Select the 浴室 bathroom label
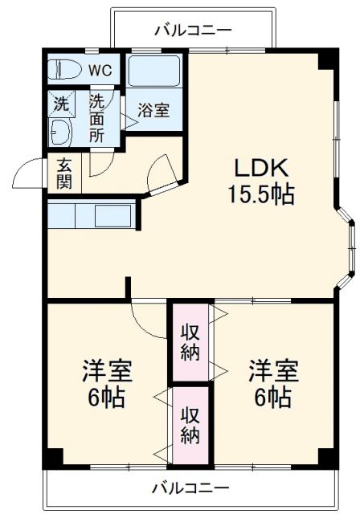pyautogui.click(x=152, y=111)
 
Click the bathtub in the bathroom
pyautogui.click(x=155, y=72)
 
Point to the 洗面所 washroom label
pyautogui.click(x=96, y=118)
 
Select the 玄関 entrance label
pyautogui.click(x=64, y=173)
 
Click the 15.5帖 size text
pyautogui.click(x=260, y=194)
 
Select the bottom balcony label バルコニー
pyautogui.click(x=190, y=487)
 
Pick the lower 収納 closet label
pyautogui.click(x=190, y=426)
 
